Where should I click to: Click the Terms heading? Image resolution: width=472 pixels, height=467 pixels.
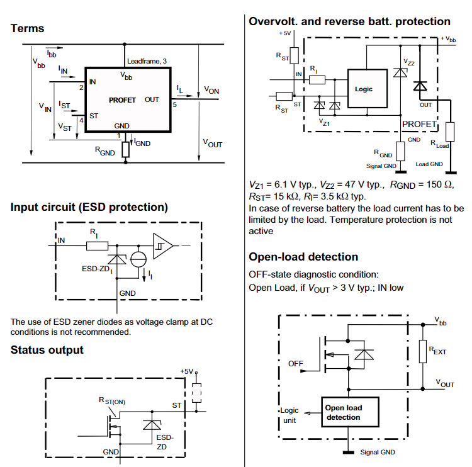[x=28, y=28]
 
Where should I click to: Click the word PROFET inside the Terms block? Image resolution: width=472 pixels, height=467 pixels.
[x=122, y=100]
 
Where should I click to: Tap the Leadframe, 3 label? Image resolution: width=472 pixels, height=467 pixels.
[x=147, y=61]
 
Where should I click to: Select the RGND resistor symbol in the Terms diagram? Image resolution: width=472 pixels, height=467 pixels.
[x=126, y=150]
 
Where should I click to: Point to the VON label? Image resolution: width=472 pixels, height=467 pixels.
[x=211, y=90]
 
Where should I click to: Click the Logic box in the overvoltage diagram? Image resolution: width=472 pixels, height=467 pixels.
[x=368, y=89]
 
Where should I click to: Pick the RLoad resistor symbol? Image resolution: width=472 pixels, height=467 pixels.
[x=450, y=132]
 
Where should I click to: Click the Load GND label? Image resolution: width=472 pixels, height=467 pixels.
[x=429, y=164]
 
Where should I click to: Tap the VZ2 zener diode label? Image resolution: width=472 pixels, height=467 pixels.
[x=409, y=62]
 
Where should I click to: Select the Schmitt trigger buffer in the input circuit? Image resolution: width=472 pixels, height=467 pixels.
[x=162, y=246]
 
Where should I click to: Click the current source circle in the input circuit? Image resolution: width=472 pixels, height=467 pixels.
[x=138, y=259]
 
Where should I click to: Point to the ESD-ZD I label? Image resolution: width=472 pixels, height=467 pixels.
[x=97, y=269]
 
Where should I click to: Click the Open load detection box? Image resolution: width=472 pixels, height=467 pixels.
[x=350, y=412]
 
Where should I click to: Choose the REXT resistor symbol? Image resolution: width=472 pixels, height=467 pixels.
[x=423, y=351]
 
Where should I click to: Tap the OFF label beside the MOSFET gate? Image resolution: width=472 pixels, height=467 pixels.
[x=296, y=364]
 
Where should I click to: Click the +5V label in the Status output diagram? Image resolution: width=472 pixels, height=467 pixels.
[x=187, y=371]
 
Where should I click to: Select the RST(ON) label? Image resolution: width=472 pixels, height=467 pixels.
[x=112, y=401]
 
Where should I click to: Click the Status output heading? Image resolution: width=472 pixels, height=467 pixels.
[x=47, y=350]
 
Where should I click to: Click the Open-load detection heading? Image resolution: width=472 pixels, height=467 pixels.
[x=303, y=257]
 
